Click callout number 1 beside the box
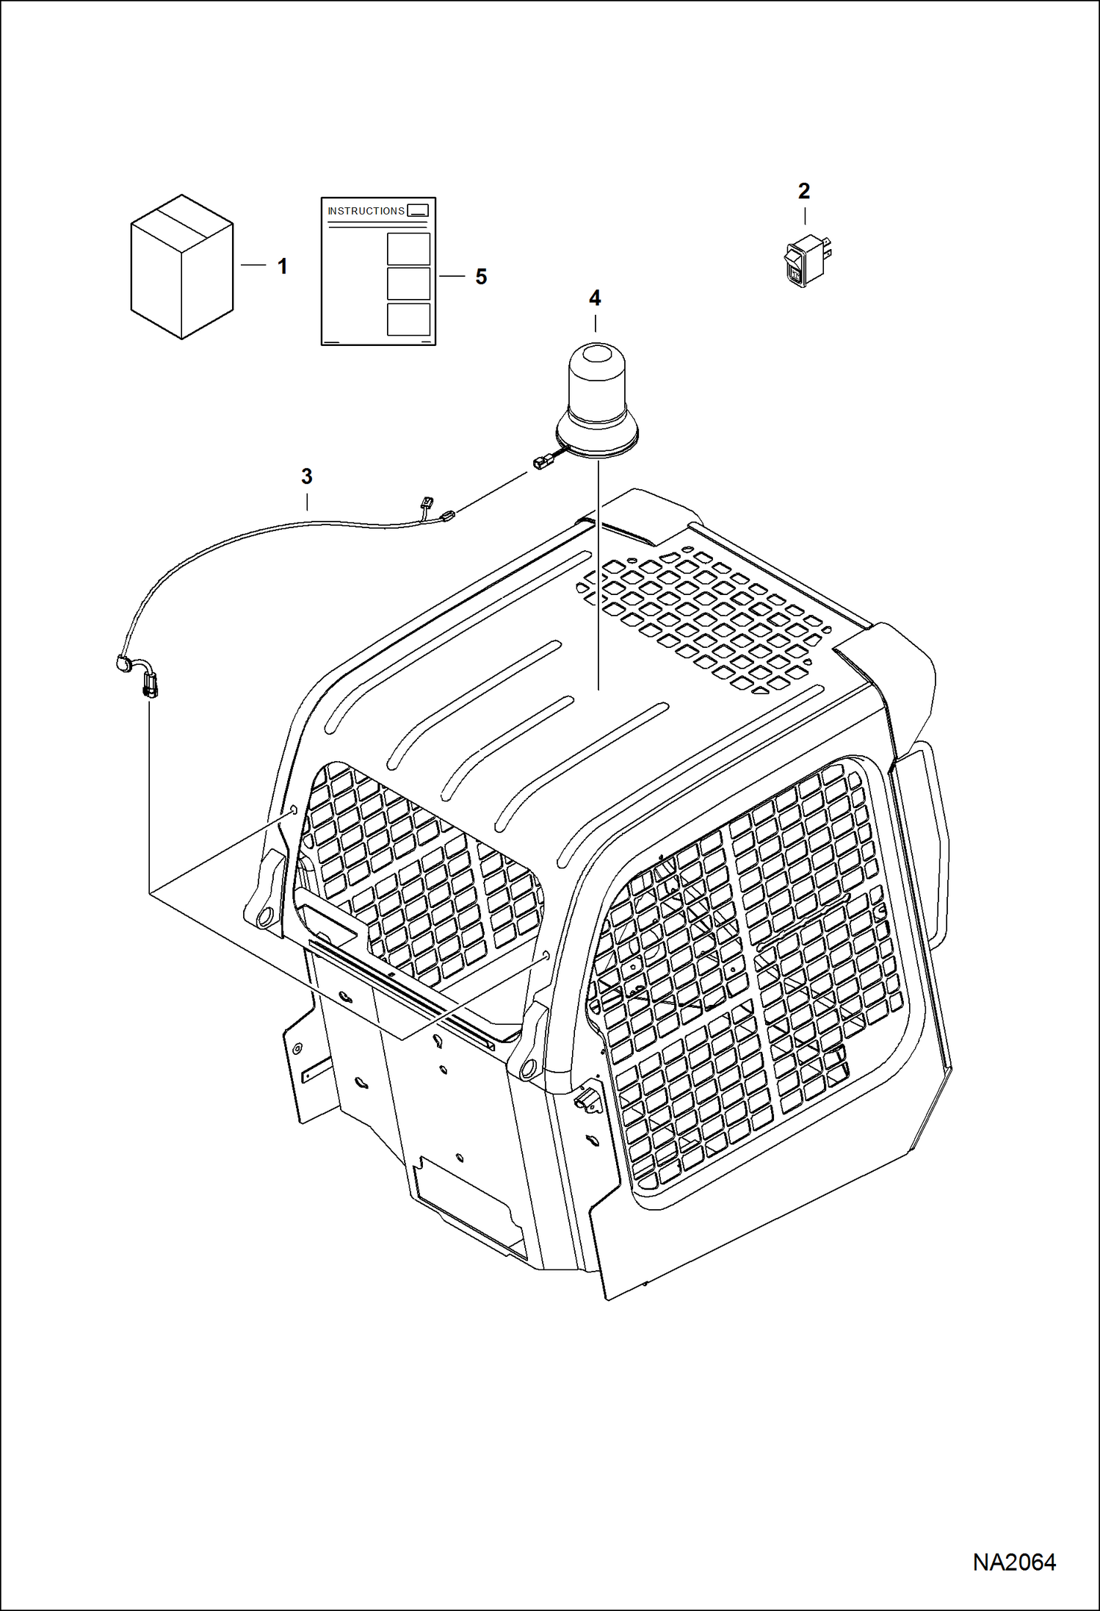(x=283, y=266)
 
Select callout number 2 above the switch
(x=804, y=191)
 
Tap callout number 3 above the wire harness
(x=307, y=476)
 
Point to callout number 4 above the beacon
(x=595, y=298)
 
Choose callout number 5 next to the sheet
(x=481, y=276)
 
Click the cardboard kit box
(x=182, y=267)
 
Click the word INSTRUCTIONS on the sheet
(x=366, y=211)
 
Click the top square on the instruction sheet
(x=408, y=249)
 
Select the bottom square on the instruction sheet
(x=408, y=320)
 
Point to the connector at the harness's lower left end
(x=149, y=685)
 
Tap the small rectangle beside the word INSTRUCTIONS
(x=417, y=211)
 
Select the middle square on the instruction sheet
(x=408, y=284)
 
